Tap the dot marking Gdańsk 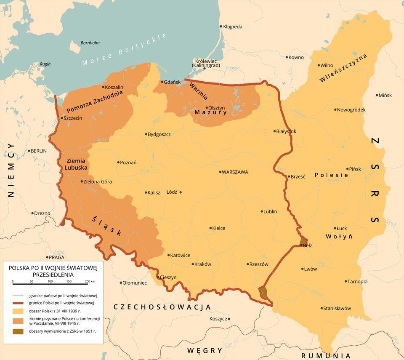[x=162, y=82]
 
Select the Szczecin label [x=73, y=118]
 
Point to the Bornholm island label [x=90, y=43]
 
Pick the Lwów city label [x=311, y=269]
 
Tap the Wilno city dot [x=319, y=65]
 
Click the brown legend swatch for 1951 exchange [x=18, y=331]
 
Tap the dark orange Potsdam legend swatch [x=18, y=321]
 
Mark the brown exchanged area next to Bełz [x=303, y=241]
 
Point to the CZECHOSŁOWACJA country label [x=162, y=307]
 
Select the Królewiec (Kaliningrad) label [x=206, y=63]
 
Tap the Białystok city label [x=288, y=131]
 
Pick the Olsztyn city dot [x=206, y=108]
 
